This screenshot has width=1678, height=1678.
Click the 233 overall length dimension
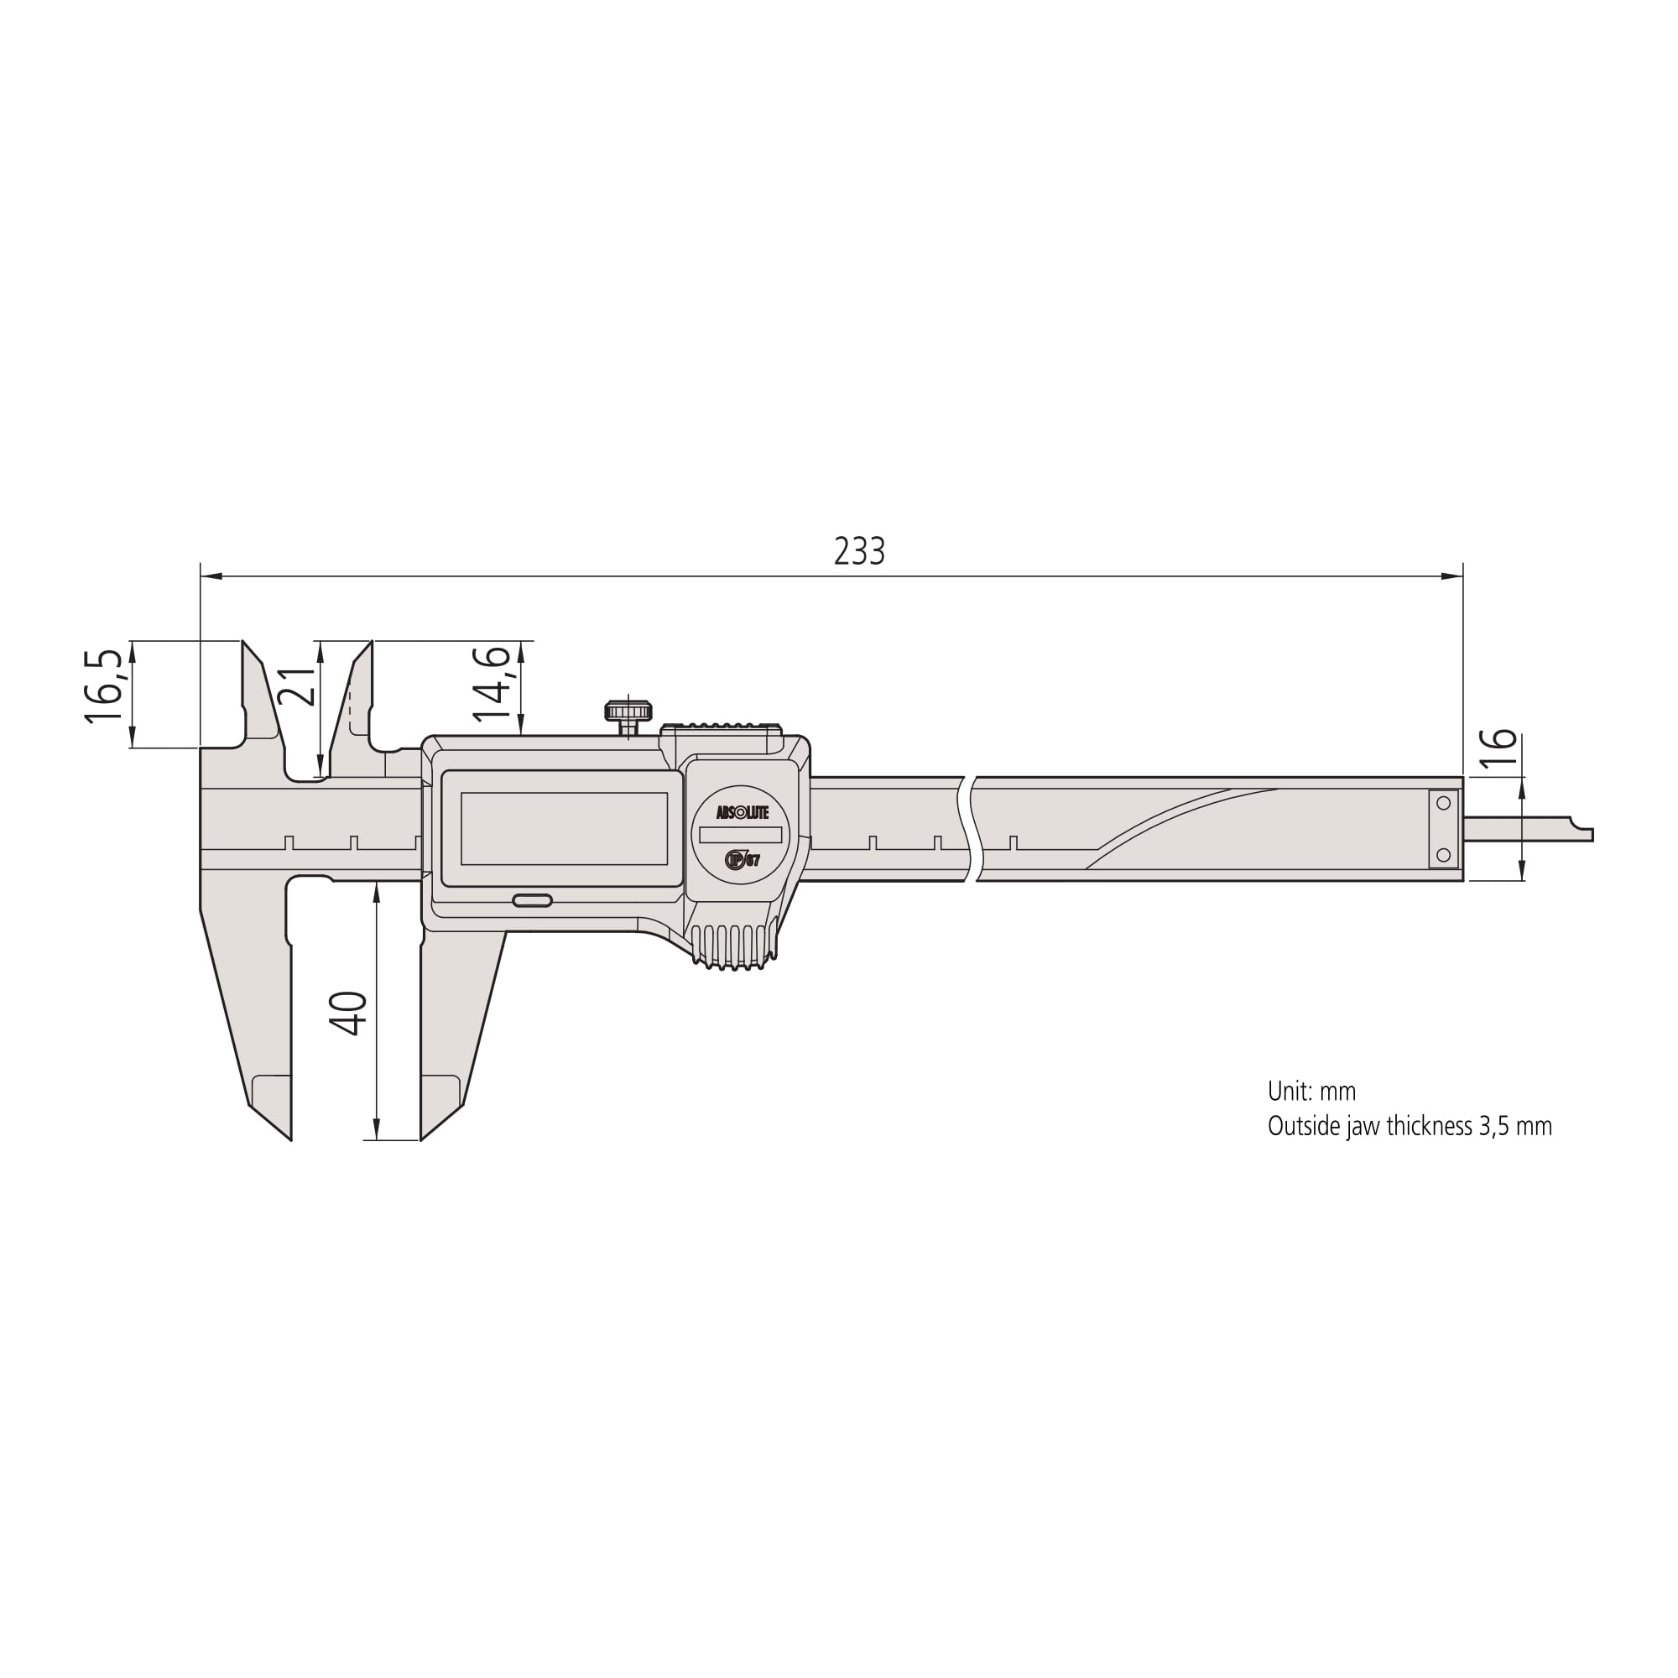(x=859, y=551)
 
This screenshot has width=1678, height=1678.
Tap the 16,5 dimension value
(x=103, y=686)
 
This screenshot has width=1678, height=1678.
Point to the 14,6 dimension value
(x=492, y=684)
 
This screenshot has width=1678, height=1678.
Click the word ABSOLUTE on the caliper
(x=742, y=813)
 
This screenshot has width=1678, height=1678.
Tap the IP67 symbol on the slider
(x=742, y=860)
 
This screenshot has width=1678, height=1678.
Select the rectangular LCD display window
(x=564, y=829)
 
